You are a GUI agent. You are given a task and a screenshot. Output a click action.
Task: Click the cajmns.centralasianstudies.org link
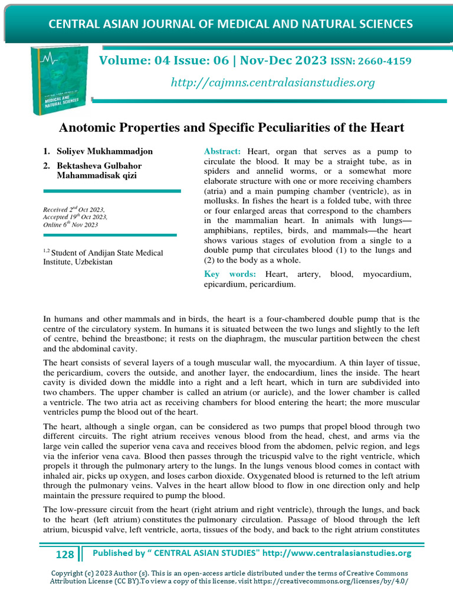pyautogui.click(x=273, y=82)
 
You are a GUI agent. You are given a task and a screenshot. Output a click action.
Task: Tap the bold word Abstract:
pyautogui.click(x=222, y=152)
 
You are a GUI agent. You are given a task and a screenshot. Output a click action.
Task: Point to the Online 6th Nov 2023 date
pyautogui.click(x=71, y=225)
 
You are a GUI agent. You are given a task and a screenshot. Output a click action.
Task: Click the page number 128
pyautogui.click(x=65, y=554)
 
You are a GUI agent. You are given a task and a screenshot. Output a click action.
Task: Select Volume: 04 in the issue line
pyautogui.click(x=133, y=61)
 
